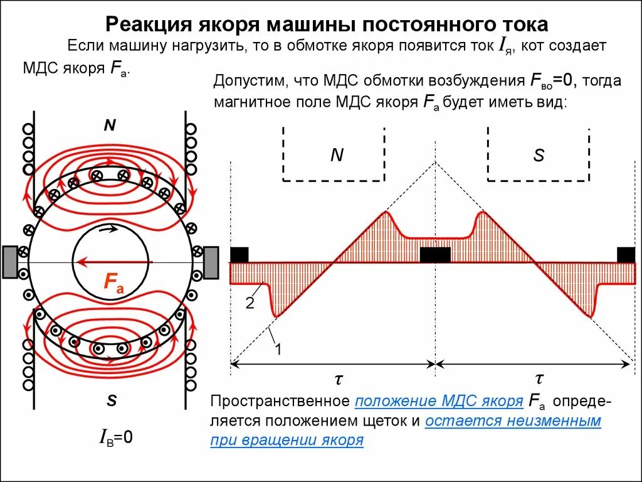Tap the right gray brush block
pos(211,262)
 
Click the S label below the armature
pos(112,400)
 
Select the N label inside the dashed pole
pos(337,155)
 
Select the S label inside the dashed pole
pos(539,155)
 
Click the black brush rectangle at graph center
pos(434,255)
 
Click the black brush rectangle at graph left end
pos(239,255)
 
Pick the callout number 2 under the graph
pos(250,304)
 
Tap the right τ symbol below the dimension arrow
pos(539,378)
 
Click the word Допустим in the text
pos(248,81)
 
